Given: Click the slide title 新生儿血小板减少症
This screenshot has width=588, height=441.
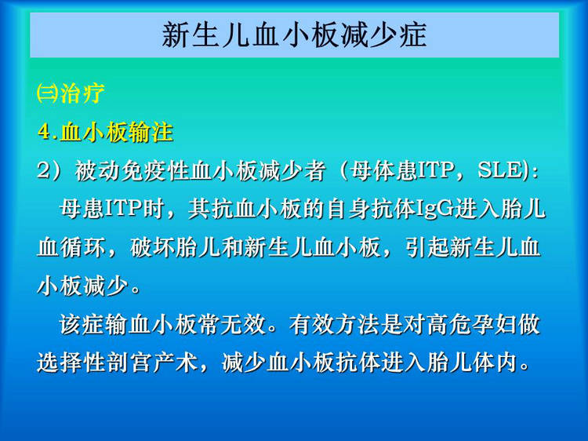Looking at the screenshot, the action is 294,35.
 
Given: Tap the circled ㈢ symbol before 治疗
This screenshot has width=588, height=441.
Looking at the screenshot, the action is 48,93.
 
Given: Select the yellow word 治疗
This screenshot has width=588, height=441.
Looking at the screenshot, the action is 82,93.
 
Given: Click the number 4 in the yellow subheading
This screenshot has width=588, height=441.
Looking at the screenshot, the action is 44,132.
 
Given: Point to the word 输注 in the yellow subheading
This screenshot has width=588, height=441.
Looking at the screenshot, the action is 151,132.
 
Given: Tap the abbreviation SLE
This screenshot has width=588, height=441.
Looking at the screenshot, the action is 500,170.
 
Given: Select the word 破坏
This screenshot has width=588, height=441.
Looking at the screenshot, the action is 152,247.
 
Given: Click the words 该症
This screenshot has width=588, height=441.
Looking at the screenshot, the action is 82,324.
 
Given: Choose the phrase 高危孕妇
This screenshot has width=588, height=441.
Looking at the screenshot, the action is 471,324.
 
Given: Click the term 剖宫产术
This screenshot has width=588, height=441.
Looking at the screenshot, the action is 153,363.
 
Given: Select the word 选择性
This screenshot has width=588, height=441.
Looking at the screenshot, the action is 71,363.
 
